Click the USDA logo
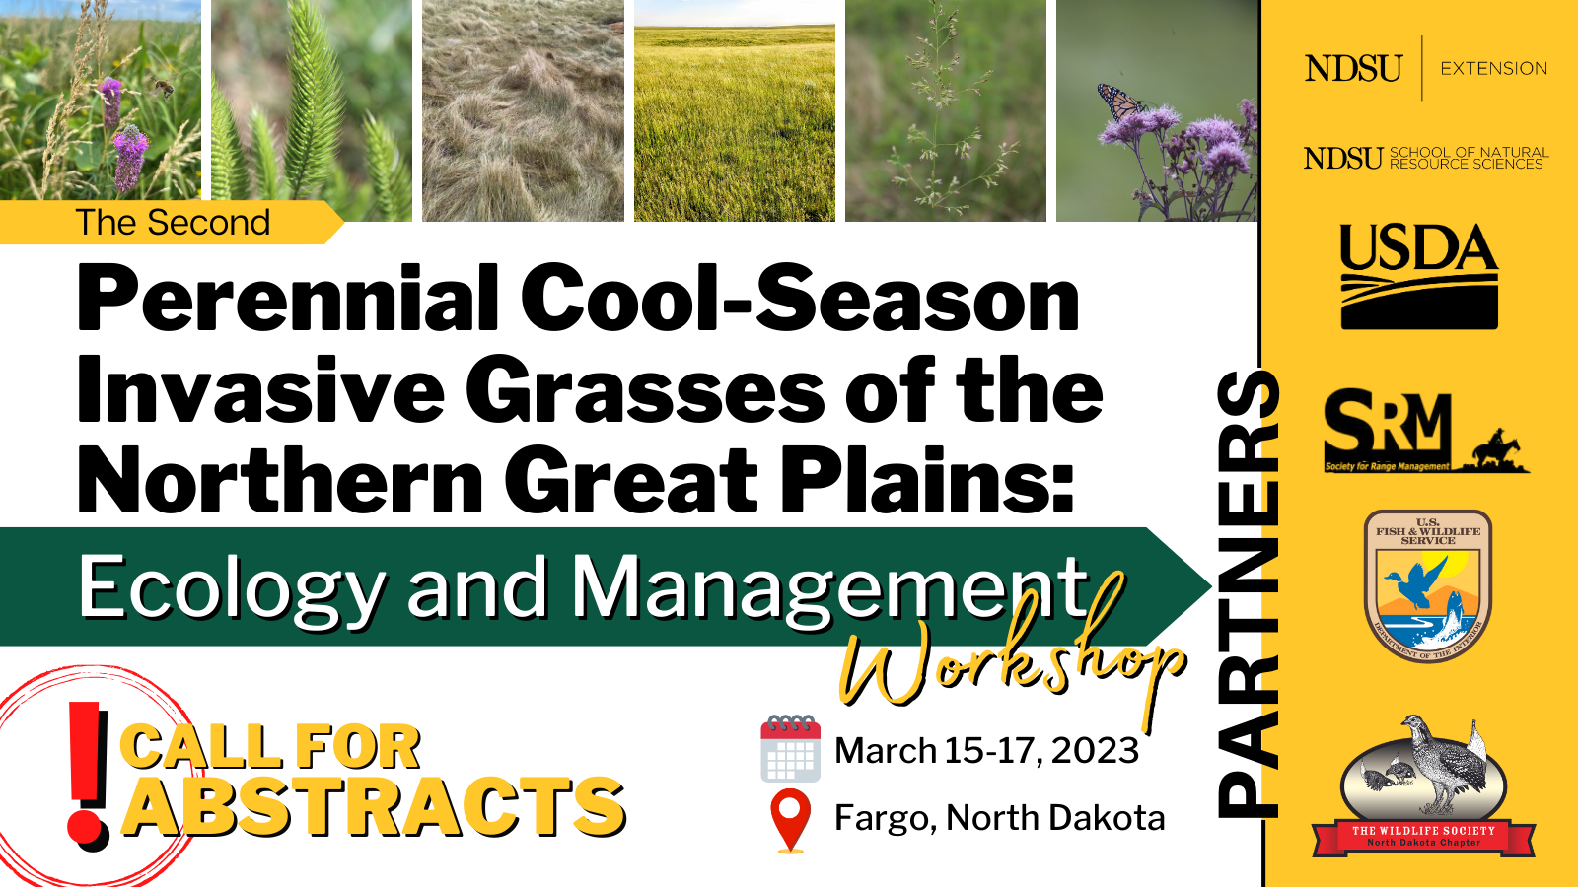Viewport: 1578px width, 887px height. click(x=1418, y=276)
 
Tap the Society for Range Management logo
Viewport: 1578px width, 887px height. click(x=1424, y=432)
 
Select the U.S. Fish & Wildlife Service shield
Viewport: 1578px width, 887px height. click(x=1427, y=585)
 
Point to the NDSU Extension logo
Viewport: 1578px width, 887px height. click(x=1425, y=68)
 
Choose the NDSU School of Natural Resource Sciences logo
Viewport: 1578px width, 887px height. click(x=1425, y=158)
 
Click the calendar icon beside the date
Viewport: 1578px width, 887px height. click(x=790, y=749)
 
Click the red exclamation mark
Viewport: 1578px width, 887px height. click(x=88, y=775)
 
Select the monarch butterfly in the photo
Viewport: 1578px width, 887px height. click(x=1119, y=102)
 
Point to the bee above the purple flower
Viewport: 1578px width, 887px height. click(x=163, y=89)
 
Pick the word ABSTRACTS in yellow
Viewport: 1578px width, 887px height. click(x=374, y=807)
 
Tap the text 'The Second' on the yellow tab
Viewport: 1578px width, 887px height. click(x=173, y=223)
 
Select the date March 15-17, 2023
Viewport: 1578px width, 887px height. click(x=986, y=751)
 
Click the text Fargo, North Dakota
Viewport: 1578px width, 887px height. click(x=999, y=818)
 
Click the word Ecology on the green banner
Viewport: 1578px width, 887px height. click(x=232, y=587)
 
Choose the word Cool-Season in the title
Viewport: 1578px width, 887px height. click(x=799, y=299)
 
